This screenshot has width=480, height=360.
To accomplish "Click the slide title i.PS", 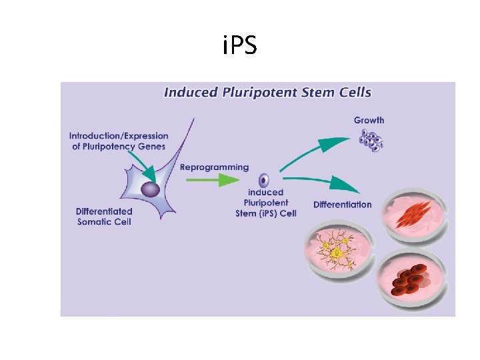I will coord(239,47).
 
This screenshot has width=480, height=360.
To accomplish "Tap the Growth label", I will coord(369,120).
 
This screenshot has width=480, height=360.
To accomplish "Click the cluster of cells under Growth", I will coord(371,140).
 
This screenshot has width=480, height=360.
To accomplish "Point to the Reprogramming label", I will coord(214,167).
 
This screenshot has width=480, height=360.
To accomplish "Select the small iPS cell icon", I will coord(264,180).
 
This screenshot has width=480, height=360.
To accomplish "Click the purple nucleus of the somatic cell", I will coord(151,189).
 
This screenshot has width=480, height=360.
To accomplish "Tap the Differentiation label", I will coord(342,204).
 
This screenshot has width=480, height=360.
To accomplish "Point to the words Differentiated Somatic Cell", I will coord(104,216).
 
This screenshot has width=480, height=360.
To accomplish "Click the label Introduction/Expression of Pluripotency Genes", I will coord(119,141).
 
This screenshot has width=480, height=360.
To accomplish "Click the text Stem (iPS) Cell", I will coord(266,213).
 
